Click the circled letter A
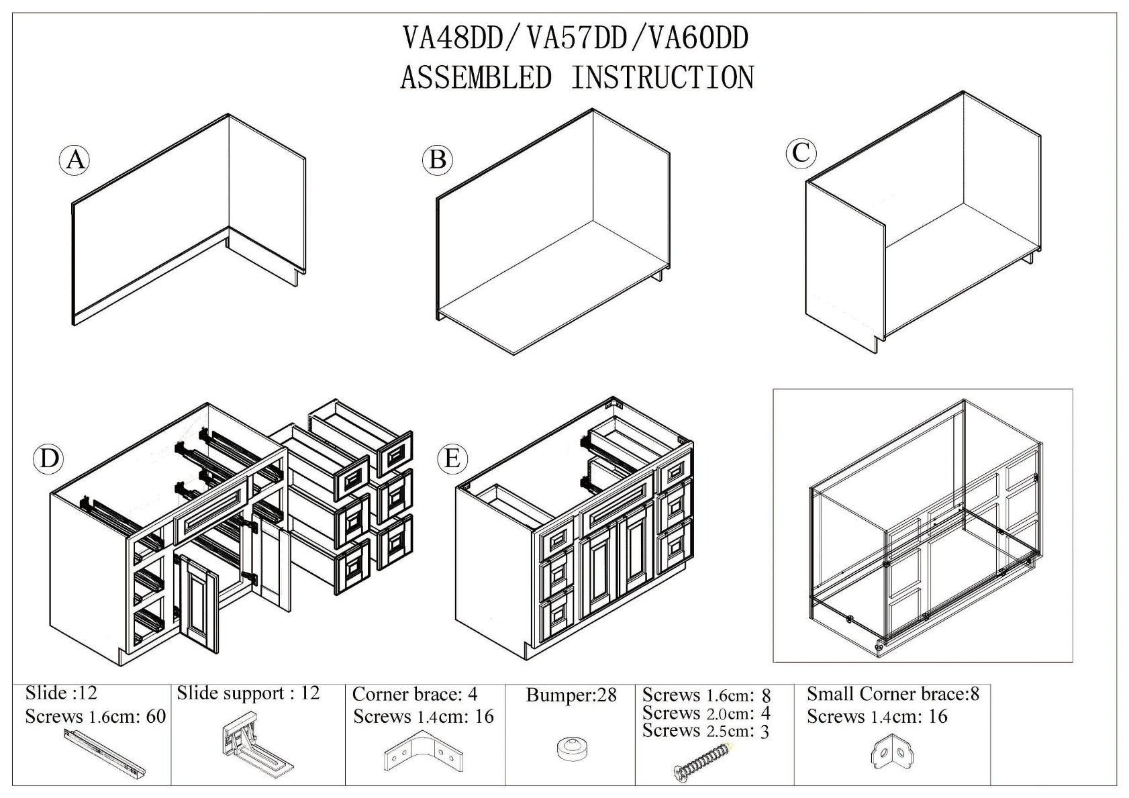[75, 160]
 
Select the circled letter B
[438, 160]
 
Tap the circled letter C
[801, 152]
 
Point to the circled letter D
[48, 458]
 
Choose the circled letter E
[452, 458]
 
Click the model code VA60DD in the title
[698, 38]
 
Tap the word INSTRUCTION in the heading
[662, 77]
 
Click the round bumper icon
[571, 748]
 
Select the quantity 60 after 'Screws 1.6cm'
[155, 717]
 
